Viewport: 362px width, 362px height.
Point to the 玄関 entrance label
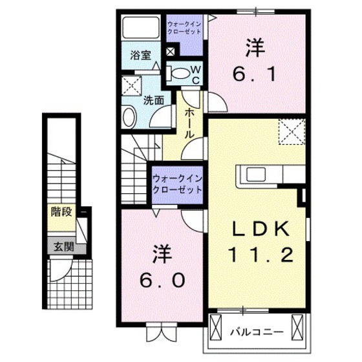pos(63,246)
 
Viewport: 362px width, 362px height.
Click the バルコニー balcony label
pos(257,332)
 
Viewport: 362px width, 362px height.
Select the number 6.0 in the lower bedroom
pos(162,280)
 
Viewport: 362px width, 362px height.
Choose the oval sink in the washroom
pos(129,117)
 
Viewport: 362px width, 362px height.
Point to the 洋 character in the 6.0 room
pos(162,251)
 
